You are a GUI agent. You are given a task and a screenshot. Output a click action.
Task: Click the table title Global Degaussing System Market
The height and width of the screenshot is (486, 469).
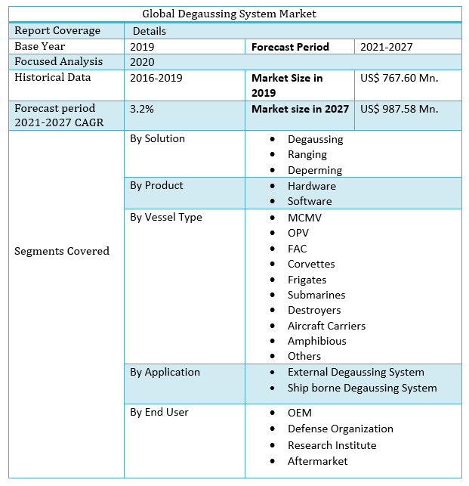229,14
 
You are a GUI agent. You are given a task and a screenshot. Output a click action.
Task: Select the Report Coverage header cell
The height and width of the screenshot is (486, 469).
57,31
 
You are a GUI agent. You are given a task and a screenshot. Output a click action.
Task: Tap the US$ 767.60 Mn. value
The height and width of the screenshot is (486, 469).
399,78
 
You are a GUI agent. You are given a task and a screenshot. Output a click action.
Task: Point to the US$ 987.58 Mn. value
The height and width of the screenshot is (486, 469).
399,109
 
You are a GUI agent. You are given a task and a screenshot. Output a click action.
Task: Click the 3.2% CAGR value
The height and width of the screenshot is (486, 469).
142,109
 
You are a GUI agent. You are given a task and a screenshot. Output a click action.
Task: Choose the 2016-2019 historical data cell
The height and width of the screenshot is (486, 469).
156,78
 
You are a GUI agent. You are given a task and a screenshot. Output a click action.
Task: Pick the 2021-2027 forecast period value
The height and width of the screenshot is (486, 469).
386,47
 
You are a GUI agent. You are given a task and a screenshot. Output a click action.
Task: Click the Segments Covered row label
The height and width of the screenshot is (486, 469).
62,251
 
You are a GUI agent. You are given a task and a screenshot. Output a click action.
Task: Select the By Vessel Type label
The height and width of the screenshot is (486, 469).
166,218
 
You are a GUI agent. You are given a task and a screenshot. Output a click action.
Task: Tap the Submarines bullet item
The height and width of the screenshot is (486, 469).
316,295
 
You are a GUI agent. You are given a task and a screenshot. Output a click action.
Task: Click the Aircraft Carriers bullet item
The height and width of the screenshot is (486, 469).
326,326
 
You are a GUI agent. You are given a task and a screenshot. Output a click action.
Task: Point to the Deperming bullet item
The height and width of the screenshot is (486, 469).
315,170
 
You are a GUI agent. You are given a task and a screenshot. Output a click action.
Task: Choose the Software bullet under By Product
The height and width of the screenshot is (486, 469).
310,201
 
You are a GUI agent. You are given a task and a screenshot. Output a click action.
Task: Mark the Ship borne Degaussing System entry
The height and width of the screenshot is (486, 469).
362,388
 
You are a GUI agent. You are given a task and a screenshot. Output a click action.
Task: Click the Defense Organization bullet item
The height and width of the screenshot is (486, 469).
340,429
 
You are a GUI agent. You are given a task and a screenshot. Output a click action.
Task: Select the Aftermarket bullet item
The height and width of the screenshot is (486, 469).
318,461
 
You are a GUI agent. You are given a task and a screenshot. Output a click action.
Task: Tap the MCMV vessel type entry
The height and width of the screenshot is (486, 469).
304,218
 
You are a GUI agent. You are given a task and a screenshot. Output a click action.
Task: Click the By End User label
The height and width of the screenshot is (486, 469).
159,413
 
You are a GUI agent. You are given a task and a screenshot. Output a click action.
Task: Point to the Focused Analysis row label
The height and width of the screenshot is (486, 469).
59,62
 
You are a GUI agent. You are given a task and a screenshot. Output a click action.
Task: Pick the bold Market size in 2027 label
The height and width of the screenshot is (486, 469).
300,109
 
